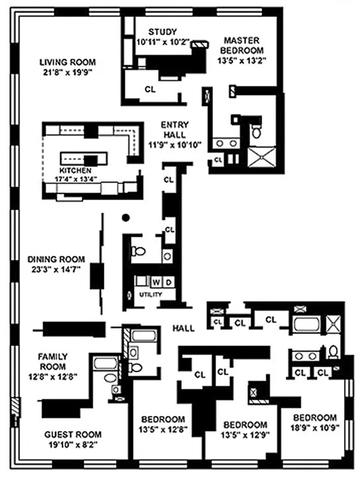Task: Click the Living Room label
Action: [67, 62]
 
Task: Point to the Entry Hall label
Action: [174, 130]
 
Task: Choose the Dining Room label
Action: [56, 259]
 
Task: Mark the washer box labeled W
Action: [157, 281]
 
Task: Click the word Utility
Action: [149, 295]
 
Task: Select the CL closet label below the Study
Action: [150, 89]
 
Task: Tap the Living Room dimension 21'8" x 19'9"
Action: [67, 71]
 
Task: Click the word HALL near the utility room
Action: [181, 328]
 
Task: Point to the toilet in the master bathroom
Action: [257, 131]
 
